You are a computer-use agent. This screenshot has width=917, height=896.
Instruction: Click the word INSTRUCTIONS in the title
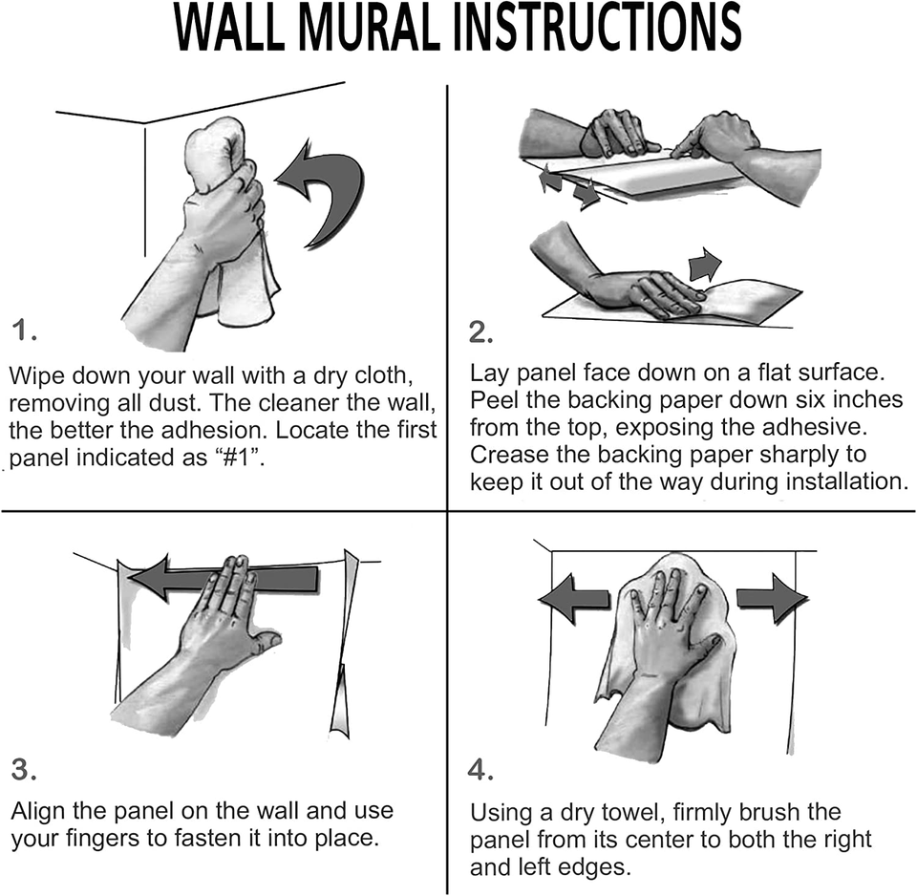597,29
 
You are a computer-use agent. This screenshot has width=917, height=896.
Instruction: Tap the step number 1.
25,331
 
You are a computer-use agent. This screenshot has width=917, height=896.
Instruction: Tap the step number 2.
481,331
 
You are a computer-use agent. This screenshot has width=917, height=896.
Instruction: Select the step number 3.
25,770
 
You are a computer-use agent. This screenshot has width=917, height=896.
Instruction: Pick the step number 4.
481,770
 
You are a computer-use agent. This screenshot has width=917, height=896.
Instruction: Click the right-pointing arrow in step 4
772,598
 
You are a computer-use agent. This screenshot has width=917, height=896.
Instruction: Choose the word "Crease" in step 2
509,453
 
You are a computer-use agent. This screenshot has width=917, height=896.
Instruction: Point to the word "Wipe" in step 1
36,373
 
